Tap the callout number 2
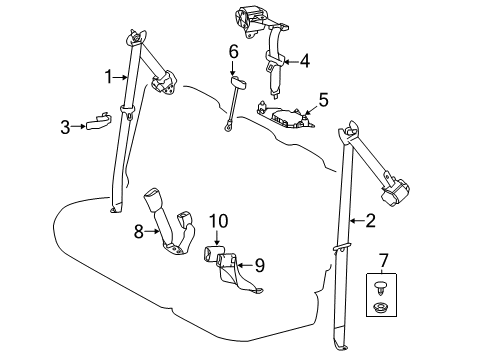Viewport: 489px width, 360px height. [x=371, y=222]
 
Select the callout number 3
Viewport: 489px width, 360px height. [x=64, y=126]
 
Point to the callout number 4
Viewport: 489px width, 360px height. [x=304, y=60]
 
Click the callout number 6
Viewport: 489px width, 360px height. [x=233, y=51]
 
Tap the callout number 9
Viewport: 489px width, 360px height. [x=259, y=265]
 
